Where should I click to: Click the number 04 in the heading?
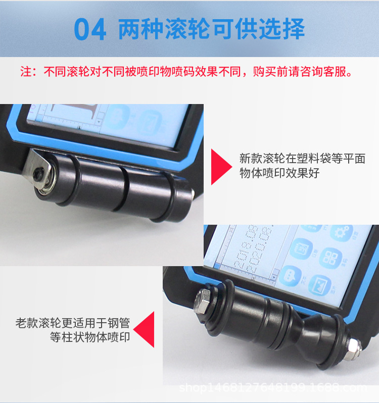pos(90,30)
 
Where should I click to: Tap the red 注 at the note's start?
pos(25,72)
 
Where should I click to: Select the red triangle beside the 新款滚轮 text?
pos(220,167)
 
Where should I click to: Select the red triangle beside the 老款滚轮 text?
pos(145,329)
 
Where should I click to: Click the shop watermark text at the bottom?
pos(273,388)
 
